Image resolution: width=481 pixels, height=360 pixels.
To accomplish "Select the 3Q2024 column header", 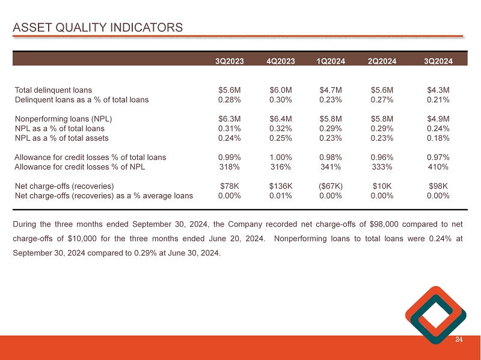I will (438, 61).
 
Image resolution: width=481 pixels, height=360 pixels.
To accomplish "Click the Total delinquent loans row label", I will (54, 90).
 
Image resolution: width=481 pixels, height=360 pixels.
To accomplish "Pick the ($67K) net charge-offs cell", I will (332, 186).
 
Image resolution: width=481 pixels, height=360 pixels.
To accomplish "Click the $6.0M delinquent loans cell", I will (281, 90).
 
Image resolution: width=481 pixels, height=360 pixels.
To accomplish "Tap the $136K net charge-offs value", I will (281, 186).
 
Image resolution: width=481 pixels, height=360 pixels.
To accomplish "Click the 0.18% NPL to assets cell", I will (438, 138).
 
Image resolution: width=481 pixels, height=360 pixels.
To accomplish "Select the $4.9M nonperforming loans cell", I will (438, 119).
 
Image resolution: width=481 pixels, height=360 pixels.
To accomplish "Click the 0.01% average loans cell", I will (281, 195).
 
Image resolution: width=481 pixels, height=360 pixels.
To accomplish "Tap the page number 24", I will (459, 340).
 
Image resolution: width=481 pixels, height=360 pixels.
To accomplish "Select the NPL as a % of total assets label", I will (61, 138).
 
